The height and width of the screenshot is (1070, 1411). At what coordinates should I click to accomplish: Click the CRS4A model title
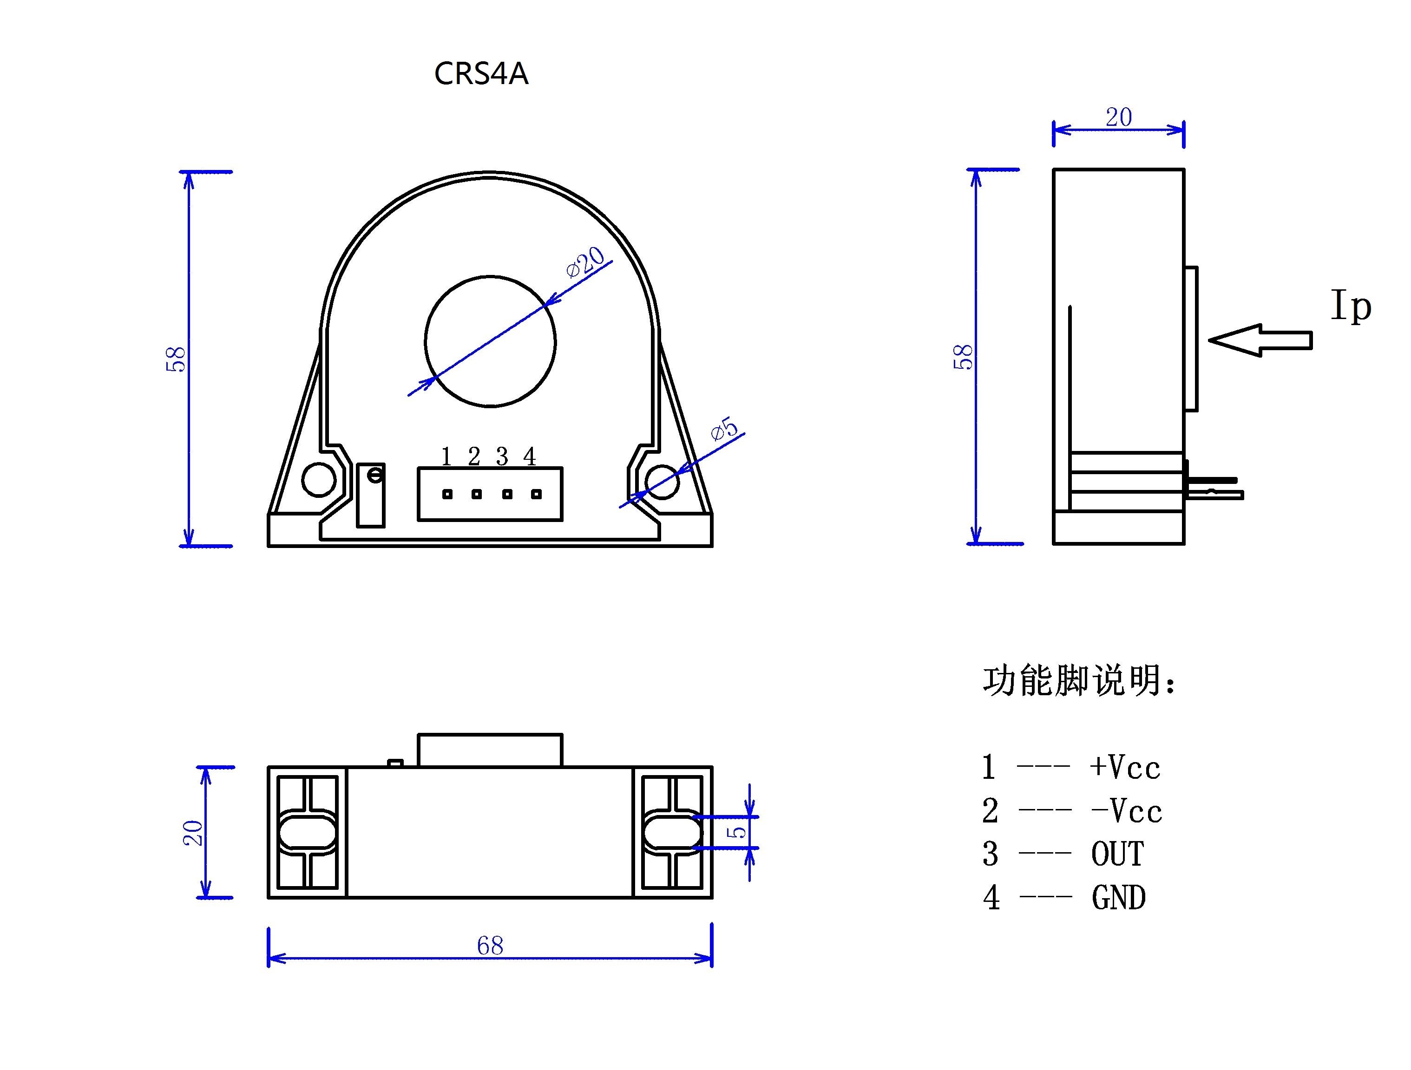tap(481, 74)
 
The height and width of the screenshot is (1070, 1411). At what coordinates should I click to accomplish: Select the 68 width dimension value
tap(490, 945)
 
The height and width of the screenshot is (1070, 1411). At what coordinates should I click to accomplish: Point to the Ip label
tap(1351, 307)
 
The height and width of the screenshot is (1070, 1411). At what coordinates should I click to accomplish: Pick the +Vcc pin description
tap(1125, 767)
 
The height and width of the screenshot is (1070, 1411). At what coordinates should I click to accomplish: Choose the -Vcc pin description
tap(1127, 811)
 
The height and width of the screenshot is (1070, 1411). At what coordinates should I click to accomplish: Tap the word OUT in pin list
tap(1117, 855)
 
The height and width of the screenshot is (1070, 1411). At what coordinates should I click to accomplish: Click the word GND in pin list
tap(1119, 898)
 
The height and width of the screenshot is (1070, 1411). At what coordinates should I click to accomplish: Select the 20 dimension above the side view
tap(1119, 117)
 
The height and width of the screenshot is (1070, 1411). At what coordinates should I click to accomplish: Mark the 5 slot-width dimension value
tap(737, 832)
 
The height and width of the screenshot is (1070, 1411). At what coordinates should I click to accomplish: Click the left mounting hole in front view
tap(318, 480)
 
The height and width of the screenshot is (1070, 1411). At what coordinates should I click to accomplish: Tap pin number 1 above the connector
tap(446, 457)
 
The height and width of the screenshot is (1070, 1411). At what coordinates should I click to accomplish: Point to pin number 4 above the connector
tap(530, 457)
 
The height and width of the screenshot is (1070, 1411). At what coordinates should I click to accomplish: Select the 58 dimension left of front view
tap(176, 359)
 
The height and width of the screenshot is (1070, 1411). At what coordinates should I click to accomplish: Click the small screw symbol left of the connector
tap(376, 475)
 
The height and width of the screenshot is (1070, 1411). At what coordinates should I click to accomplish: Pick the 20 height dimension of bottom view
tap(193, 833)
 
